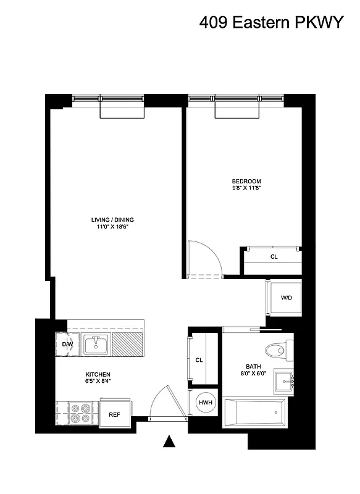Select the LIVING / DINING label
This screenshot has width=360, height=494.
(x=112, y=219)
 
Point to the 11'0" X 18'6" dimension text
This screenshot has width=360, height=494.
(x=112, y=227)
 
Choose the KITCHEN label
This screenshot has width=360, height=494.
(x=98, y=374)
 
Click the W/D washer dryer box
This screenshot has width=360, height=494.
(x=287, y=298)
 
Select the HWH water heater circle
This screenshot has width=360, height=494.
(x=205, y=404)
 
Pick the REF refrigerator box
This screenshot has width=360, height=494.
(x=114, y=414)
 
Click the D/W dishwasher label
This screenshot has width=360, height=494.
(x=66, y=344)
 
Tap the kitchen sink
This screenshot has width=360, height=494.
(x=95, y=345)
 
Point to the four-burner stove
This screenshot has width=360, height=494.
(x=78, y=413)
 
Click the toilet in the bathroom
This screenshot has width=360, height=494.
(x=277, y=350)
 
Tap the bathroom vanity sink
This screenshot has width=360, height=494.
(x=286, y=382)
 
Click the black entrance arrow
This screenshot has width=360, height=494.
(x=169, y=441)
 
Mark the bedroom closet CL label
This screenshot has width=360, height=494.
(x=274, y=256)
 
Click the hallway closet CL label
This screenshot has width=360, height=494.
(x=199, y=359)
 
